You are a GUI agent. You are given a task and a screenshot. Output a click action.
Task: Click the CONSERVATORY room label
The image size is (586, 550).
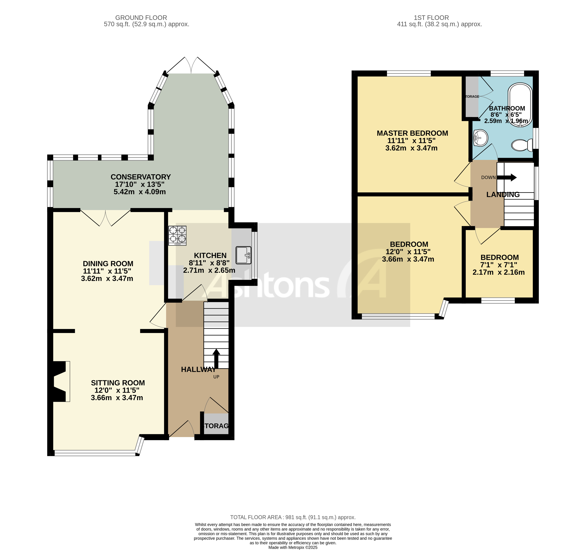(x=141, y=177)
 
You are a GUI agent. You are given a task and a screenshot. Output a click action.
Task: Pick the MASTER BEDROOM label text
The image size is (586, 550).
(x=412, y=133)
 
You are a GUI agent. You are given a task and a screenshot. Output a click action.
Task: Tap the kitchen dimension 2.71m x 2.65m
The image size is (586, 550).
(x=209, y=270)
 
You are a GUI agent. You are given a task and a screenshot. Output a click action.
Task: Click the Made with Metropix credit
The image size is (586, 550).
(x=293, y=547)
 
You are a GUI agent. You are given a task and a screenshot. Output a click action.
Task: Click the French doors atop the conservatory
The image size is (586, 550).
(x=191, y=65)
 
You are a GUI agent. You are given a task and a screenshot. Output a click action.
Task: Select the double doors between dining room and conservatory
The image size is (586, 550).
(x=105, y=218)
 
